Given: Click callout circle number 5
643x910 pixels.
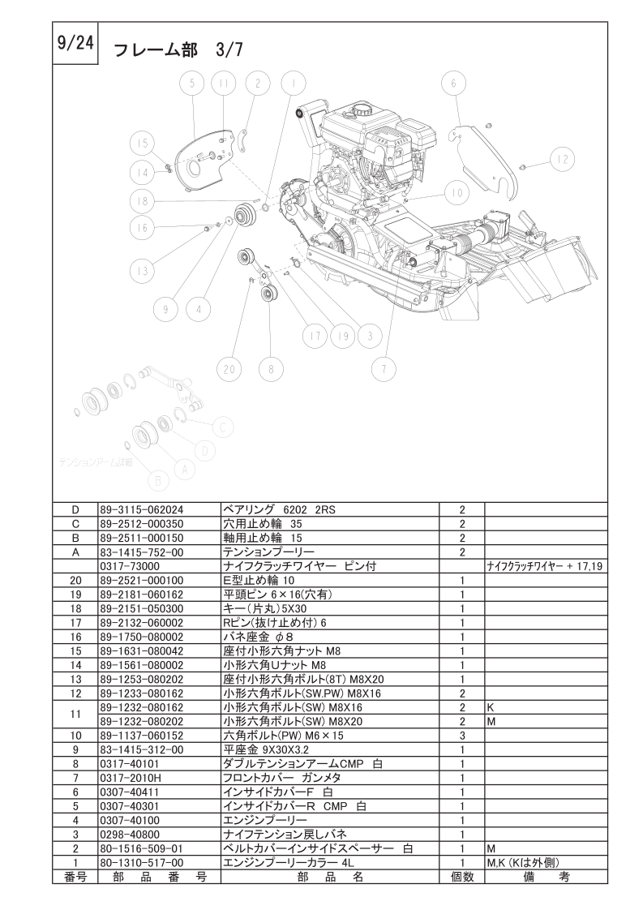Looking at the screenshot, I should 192,84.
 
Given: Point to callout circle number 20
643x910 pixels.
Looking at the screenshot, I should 230,368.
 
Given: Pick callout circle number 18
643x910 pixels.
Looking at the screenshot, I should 144,201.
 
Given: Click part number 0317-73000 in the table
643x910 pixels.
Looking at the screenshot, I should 130,565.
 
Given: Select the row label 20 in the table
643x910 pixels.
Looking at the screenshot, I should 76,580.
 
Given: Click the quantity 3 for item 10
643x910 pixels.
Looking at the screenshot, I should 461,736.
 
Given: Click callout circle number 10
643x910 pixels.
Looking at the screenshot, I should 456,192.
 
